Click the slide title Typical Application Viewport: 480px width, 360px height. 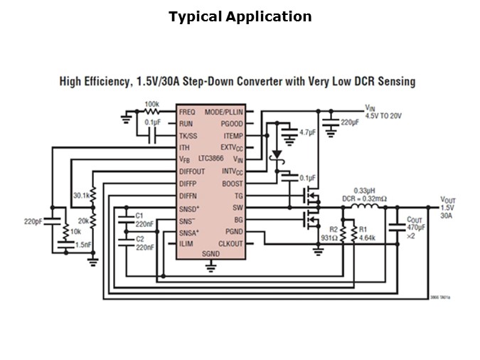coord(240,16)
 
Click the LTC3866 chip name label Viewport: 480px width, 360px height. coord(211,162)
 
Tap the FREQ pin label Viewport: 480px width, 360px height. coord(187,112)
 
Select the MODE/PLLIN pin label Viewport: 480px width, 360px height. coord(224,112)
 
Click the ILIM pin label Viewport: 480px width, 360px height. coord(186,244)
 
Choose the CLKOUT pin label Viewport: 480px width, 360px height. coord(230,244)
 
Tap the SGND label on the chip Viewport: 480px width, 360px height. coord(210,255)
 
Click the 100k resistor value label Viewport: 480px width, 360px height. coord(151,105)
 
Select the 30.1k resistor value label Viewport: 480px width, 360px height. coord(80,195)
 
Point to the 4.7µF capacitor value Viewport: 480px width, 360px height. coord(307,132)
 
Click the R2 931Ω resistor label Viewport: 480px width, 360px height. coord(329,233)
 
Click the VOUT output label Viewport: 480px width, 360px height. coord(448,200)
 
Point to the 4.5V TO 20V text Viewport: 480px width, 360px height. coord(383,115)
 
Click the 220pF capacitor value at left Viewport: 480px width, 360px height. coord(33,221)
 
